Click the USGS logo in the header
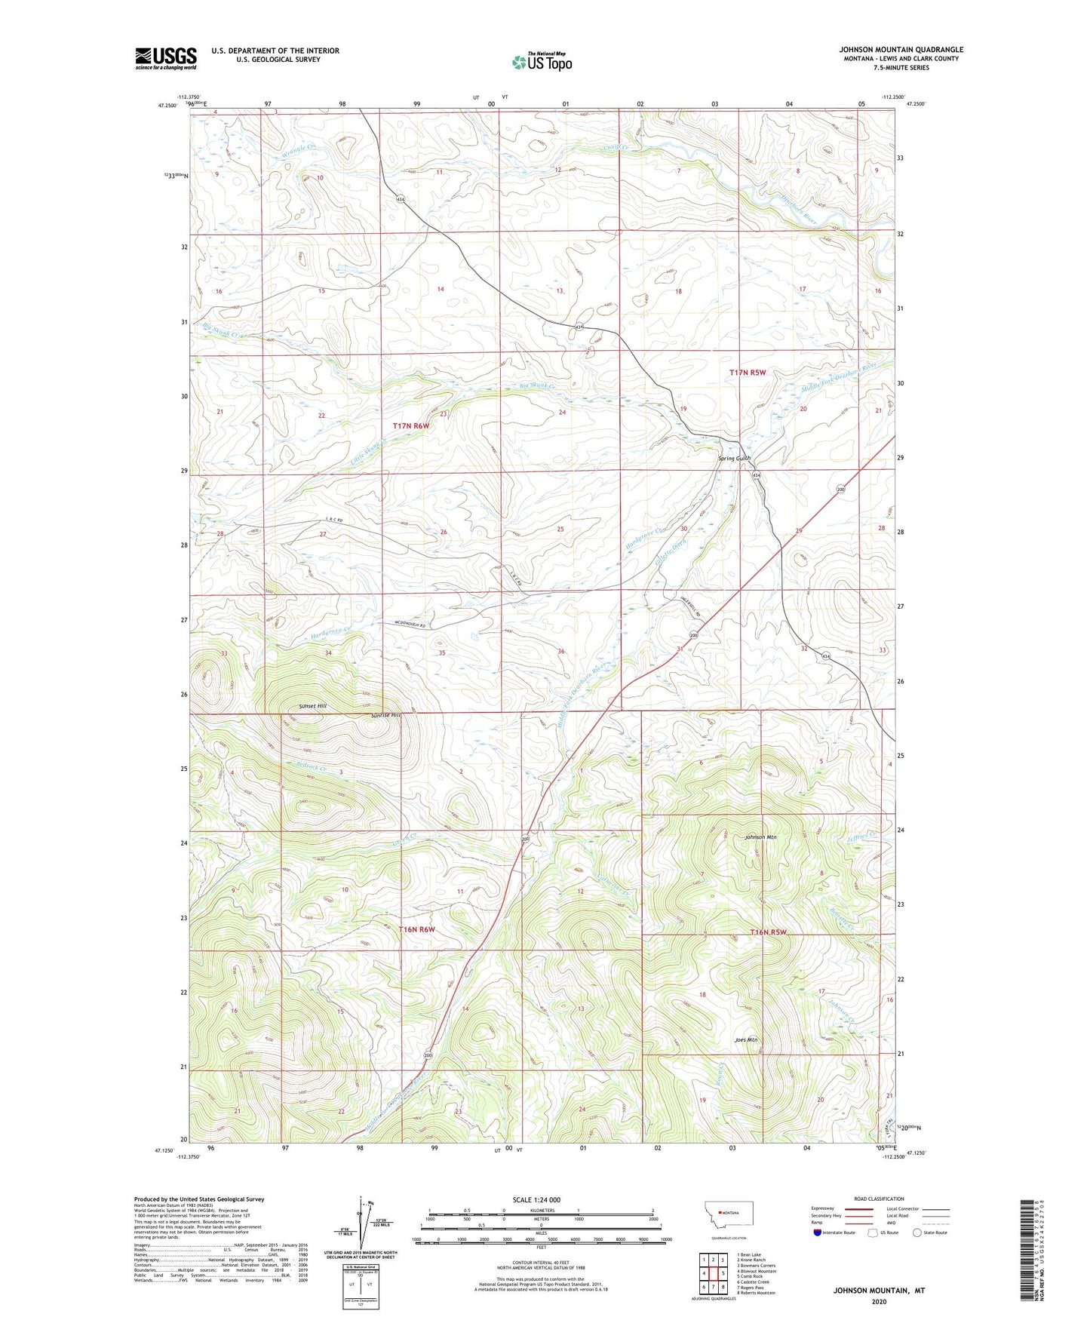(165, 58)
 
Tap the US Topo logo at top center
(541, 62)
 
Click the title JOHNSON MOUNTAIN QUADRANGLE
(901, 50)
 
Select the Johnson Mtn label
(760, 837)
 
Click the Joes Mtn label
(745, 1039)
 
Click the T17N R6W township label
(410, 426)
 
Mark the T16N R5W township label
(768, 932)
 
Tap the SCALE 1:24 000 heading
(536, 1199)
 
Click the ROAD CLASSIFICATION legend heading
(879, 1199)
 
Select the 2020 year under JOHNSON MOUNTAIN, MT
(878, 1301)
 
